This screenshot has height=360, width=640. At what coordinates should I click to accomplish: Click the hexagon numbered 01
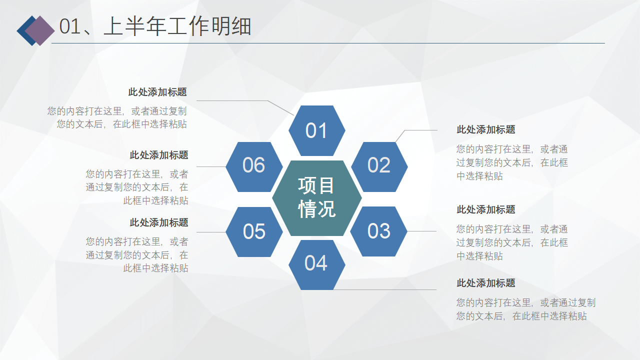click(317, 130)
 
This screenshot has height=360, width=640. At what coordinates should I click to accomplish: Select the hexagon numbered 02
click(379, 167)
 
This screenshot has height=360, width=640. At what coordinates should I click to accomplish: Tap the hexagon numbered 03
click(378, 231)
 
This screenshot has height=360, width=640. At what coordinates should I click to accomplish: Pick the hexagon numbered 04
click(317, 265)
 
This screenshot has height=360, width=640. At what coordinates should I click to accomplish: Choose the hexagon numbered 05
click(254, 232)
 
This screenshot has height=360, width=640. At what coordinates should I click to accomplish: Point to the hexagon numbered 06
click(254, 167)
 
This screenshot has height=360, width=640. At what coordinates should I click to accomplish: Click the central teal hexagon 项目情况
click(317, 198)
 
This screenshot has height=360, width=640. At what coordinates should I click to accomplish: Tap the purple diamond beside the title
click(40, 30)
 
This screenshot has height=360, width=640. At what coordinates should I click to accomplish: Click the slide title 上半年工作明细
click(177, 26)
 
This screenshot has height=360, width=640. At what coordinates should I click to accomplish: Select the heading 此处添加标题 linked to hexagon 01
click(157, 92)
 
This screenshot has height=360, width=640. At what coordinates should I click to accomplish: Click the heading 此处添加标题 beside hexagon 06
click(159, 155)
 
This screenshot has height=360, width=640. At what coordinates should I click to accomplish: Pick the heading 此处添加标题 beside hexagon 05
click(159, 222)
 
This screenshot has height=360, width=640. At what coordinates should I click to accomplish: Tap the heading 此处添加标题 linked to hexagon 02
click(485, 129)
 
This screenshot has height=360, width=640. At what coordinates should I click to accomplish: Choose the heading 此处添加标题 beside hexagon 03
click(485, 209)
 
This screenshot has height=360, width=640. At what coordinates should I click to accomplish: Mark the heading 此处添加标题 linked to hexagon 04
click(485, 283)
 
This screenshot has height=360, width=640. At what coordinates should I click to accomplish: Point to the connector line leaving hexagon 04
click(385, 289)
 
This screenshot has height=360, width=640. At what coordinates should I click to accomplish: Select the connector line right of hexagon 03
click(421, 231)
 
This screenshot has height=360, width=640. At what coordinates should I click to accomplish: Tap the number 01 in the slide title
click(70, 26)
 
